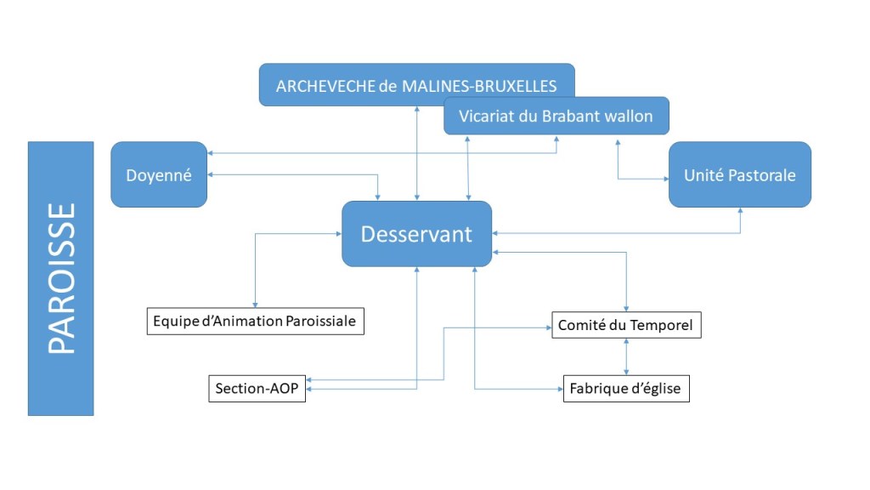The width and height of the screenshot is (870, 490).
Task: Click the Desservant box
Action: point(416,234)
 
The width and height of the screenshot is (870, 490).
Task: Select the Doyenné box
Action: point(159,175)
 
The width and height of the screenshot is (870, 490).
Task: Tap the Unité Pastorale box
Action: point(739,175)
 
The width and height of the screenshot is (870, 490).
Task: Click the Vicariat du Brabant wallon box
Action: point(556,116)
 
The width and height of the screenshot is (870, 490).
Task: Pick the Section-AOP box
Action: point(257,389)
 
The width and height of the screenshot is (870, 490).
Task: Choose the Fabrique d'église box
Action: point(626,389)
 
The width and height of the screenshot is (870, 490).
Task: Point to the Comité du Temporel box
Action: point(626,325)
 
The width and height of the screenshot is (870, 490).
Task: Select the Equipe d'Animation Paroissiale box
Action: point(256,322)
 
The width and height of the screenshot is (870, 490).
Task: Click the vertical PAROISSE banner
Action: point(60,278)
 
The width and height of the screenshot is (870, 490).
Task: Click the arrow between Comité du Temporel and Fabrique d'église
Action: point(627,356)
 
